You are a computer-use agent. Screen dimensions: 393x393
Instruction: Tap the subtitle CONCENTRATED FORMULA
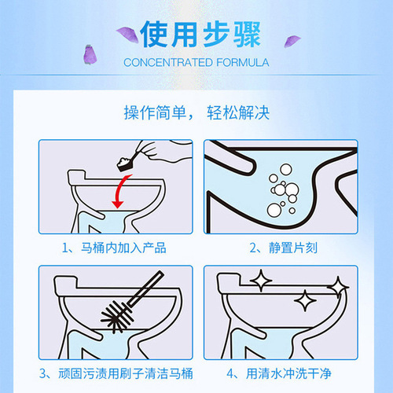click(196, 61)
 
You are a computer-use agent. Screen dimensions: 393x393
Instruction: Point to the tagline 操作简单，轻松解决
click(196, 112)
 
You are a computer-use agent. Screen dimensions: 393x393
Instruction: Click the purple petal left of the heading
click(124, 31)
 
